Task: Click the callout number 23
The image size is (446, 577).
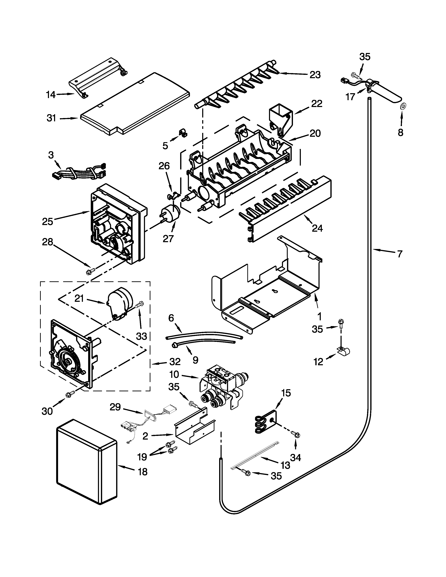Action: tap(315, 75)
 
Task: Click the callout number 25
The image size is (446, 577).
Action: tap(48, 221)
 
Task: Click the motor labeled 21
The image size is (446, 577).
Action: tap(119, 302)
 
